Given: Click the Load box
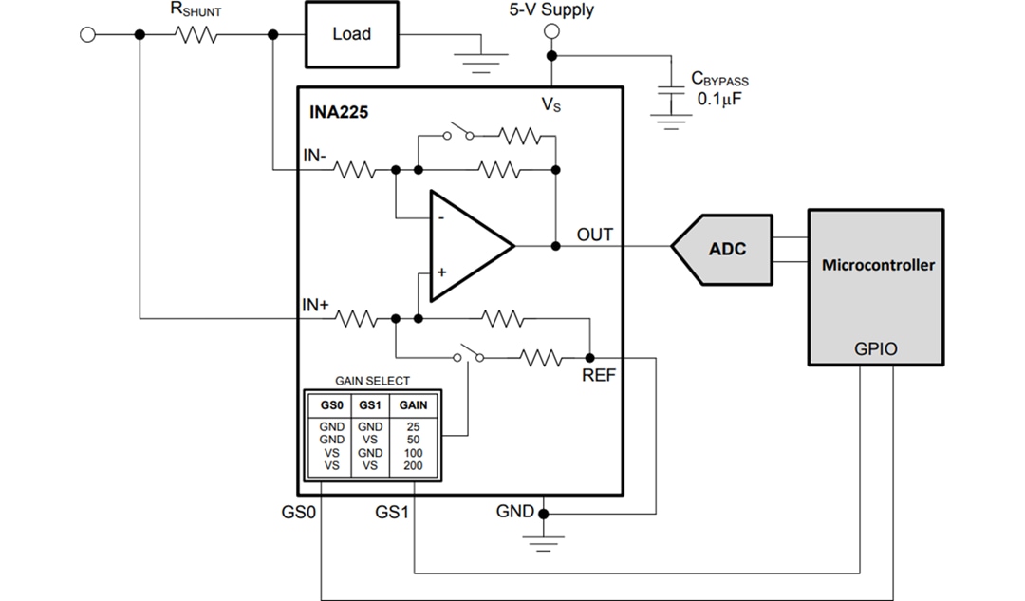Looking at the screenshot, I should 351,34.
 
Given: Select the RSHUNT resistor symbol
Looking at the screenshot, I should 196,35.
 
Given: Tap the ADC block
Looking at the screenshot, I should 726,248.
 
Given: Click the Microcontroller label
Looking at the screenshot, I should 877,265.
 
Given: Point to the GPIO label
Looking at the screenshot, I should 876,349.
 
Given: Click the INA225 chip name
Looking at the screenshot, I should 339,111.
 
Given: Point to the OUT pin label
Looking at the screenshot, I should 595,234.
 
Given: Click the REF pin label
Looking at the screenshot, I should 599,375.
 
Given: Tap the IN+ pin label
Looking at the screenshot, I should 316,305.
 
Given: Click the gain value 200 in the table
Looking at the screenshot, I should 412,466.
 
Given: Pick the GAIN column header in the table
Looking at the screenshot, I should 412,404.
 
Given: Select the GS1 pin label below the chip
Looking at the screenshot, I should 392,512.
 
